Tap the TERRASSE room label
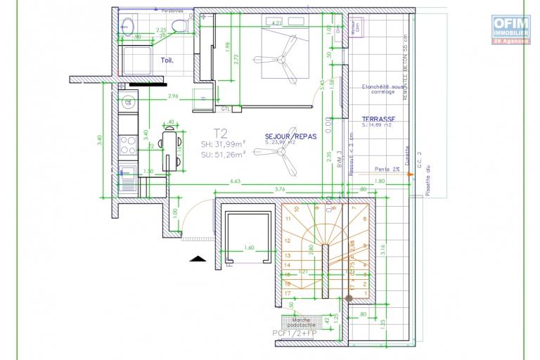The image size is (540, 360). pos(378,120)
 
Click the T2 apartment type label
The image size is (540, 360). pos(220,133)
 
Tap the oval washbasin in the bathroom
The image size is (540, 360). pos(129,27)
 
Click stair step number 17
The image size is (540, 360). pos(288,292)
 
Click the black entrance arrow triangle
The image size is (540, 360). pos(198,259)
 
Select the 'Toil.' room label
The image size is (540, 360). pos(167,60)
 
